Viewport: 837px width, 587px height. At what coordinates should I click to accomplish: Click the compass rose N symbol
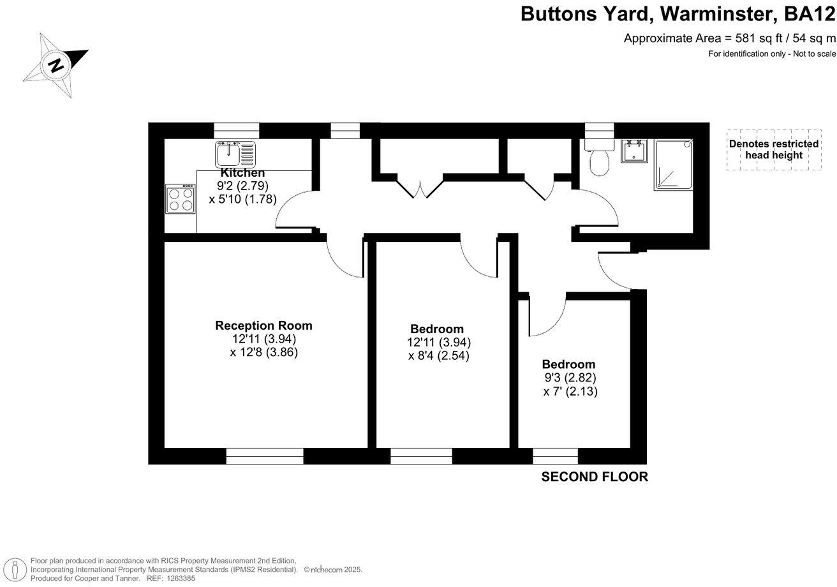pos(56,64)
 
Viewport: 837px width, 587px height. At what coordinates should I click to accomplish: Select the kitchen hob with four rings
pos(181,198)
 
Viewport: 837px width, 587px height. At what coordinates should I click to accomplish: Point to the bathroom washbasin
pos(634,151)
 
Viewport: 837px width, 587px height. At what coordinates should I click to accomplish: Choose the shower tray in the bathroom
pos(672,165)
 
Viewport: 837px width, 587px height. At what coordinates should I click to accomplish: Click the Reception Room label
pos(263,325)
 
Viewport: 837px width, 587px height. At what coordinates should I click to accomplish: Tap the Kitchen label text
pos(242,173)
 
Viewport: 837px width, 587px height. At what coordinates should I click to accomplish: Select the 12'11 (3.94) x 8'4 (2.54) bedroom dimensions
pos(439,350)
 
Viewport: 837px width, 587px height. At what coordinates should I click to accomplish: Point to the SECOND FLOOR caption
pos(594,477)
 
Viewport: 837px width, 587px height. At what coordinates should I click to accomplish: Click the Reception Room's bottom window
pos(264,456)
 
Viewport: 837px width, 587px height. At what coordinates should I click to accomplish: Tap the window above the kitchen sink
pos(236,130)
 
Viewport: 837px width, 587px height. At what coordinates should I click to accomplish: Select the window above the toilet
pos(598,130)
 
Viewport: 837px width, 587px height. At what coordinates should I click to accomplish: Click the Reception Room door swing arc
pos(344,258)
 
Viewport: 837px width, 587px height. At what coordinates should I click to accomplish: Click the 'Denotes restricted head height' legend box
pos(774,150)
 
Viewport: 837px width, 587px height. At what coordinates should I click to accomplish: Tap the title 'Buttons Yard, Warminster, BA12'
pos(678,13)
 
